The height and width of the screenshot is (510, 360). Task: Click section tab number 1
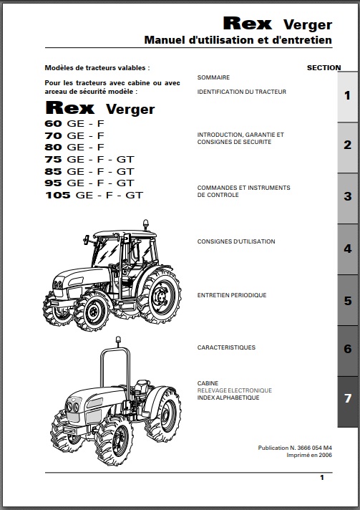(348, 97)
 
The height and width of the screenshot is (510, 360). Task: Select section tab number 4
(348, 249)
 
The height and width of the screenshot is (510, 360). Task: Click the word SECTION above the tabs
(324, 67)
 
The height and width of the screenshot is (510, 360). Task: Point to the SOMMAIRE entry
(213, 77)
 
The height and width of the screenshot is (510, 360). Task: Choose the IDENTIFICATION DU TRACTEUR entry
(242, 92)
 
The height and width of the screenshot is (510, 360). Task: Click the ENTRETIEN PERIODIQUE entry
(232, 295)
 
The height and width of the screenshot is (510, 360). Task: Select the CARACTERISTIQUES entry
(226, 347)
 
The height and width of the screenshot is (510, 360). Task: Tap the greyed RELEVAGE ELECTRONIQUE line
(234, 390)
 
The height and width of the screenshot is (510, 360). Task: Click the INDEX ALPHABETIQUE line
(228, 398)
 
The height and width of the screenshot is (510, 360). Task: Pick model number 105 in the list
(58, 195)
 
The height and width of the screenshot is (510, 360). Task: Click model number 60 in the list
(53, 124)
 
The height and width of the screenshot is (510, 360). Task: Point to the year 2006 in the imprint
(325, 455)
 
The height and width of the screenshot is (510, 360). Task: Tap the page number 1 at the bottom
(322, 478)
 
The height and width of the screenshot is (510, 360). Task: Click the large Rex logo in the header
(247, 24)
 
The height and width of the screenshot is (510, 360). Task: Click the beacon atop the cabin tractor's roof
(146, 224)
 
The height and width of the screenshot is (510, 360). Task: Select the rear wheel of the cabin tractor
(160, 295)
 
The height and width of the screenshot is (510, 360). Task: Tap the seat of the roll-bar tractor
(141, 388)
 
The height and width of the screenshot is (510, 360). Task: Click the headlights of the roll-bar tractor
(72, 407)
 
